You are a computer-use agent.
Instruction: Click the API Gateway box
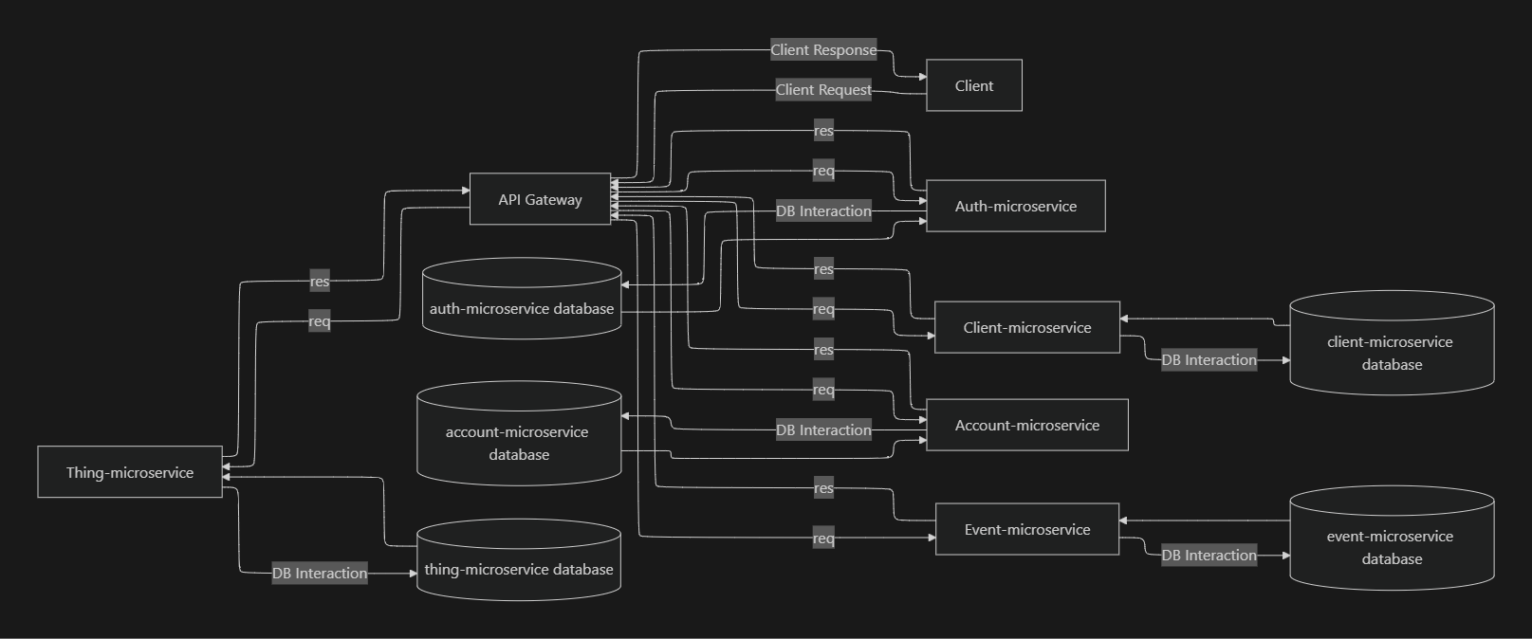(x=540, y=199)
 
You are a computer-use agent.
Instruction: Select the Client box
(x=973, y=85)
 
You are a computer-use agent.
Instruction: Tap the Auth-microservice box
(x=1015, y=206)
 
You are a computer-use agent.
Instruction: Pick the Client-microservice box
(x=1026, y=327)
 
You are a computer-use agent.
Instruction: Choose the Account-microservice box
(x=1026, y=425)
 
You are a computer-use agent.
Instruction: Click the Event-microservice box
(x=1026, y=529)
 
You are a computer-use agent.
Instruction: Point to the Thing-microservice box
(x=130, y=472)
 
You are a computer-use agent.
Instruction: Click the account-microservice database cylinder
(x=519, y=438)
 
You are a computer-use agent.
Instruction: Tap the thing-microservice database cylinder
(x=519, y=563)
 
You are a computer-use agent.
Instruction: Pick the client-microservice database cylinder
(x=1391, y=347)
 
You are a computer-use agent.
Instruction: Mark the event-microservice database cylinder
(x=1391, y=542)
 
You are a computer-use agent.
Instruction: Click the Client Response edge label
(x=823, y=50)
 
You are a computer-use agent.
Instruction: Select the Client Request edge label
(x=823, y=90)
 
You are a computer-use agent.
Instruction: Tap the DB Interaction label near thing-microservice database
(x=320, y=573)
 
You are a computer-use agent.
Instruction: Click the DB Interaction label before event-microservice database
(x=1209, y=556)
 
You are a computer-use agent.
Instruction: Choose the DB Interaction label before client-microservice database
(x=1209, y=360)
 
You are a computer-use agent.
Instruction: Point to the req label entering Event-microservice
(x=823, y=539)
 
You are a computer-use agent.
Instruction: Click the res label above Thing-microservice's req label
(x=320, y=282)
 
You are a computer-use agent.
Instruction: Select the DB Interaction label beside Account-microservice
(x=823, y=430)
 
